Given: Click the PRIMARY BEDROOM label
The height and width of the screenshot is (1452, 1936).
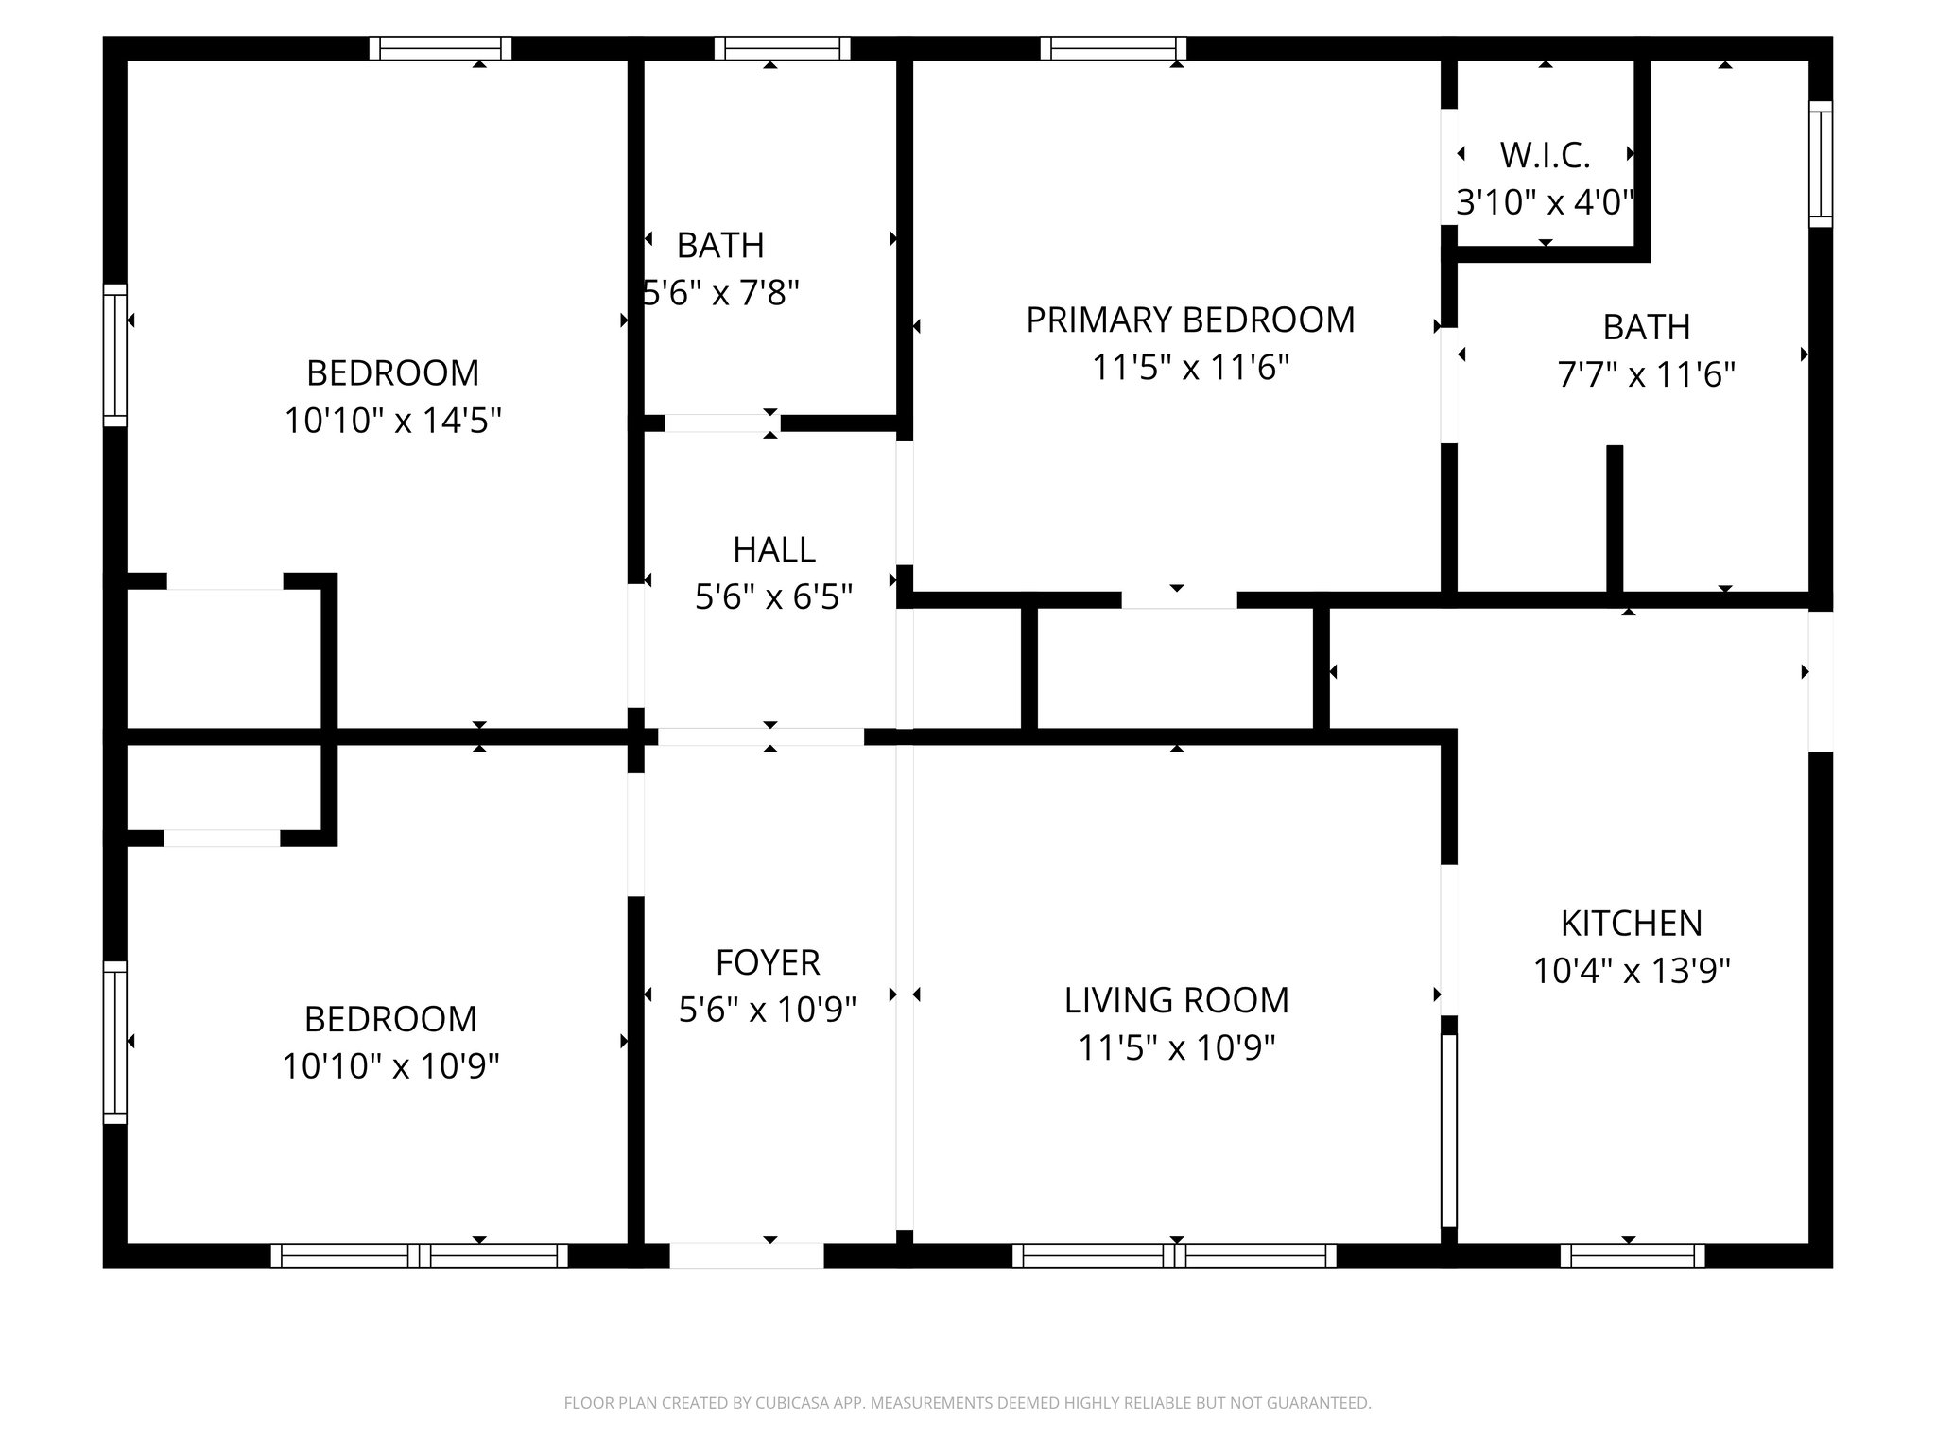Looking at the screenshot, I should [1190, 320].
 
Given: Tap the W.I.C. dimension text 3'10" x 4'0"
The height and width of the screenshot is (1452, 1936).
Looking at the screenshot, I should [1545, 202].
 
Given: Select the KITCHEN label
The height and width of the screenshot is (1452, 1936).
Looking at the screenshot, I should [1631, 923].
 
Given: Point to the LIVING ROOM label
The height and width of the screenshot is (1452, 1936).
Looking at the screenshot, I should [1176, 1000].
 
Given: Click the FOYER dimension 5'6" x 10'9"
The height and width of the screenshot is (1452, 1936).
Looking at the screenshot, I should [767, 1010].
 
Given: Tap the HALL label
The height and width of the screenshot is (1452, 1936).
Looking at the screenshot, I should [773, 549].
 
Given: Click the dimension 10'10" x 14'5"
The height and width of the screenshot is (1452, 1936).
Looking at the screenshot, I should [392, 421].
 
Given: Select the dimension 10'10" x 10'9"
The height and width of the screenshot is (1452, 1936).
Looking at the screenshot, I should [390, 1066].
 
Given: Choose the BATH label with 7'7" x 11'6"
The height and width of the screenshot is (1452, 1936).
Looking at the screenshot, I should [1646, 327].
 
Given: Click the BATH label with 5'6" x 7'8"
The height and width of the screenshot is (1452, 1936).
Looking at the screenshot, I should [720, 246].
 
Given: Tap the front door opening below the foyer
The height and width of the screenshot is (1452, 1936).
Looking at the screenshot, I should [747, 1255].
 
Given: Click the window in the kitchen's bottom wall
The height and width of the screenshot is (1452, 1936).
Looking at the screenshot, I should [1632, 1255].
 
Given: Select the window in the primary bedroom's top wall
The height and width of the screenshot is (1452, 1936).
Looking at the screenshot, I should [1113, 48].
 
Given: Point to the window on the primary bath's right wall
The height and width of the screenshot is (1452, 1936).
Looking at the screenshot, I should [1821, 164].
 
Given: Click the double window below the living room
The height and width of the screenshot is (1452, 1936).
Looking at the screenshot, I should [1174, 1255].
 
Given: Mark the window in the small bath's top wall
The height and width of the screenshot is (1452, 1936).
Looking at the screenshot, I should [782, 48].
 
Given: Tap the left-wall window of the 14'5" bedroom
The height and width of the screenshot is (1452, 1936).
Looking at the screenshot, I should [114, 355].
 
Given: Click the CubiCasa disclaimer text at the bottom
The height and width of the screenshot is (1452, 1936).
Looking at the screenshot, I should [967, 1403].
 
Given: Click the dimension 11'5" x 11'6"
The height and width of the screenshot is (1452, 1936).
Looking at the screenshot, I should [1190, 367].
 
